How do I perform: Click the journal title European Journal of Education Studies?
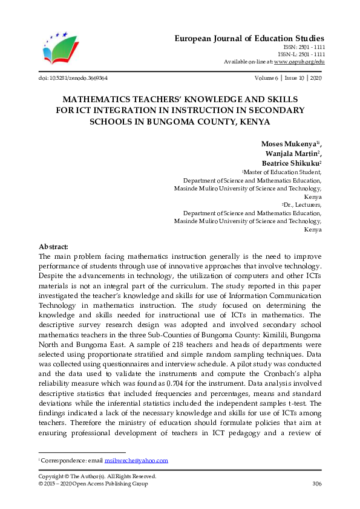click(x=249, y=38)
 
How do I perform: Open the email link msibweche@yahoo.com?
click(x=136, y=461)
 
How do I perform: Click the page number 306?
click(x=316, y=484)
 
